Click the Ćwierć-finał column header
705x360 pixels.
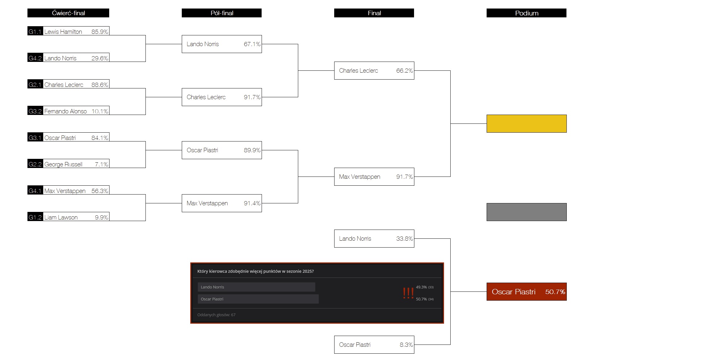pos(68,13)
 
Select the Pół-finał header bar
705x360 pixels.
pos(222,13)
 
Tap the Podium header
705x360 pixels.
pos(526,13)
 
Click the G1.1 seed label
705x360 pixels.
pos(35,31)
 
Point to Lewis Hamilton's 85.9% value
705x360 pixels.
pos(99,32)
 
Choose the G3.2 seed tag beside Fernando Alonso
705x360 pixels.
pos(35,111)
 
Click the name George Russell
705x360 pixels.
pos(63,164)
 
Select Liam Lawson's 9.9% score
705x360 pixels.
pos(101,217)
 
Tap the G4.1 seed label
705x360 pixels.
pos(35,190)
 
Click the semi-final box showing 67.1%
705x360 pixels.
pos(222,44)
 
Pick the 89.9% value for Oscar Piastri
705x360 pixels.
pos(252,150)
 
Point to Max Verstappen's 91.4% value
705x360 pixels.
pos(252,203)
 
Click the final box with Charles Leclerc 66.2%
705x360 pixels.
pos(374,70)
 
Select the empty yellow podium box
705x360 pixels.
pos(526,123)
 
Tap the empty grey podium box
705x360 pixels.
pos(526,212)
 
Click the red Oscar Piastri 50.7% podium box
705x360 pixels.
pos(526,291)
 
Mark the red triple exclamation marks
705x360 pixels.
pos(408,293)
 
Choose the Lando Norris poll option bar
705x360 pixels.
pos(256,287)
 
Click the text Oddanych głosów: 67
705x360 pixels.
pos(216,315)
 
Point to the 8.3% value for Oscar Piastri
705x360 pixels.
pos(406,345)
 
